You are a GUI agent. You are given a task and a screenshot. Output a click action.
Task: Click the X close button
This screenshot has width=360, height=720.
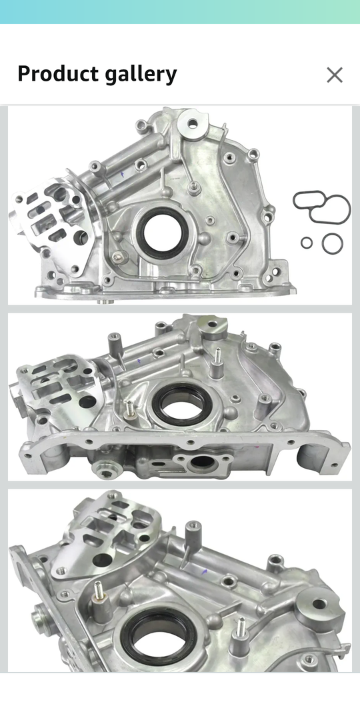(x=335, y=75)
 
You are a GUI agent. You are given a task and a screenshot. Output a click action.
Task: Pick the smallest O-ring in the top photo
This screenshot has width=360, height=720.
(x=307, y=243)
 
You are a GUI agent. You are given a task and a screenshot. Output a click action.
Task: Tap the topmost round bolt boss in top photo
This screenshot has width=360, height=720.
(x=193, y=123)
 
